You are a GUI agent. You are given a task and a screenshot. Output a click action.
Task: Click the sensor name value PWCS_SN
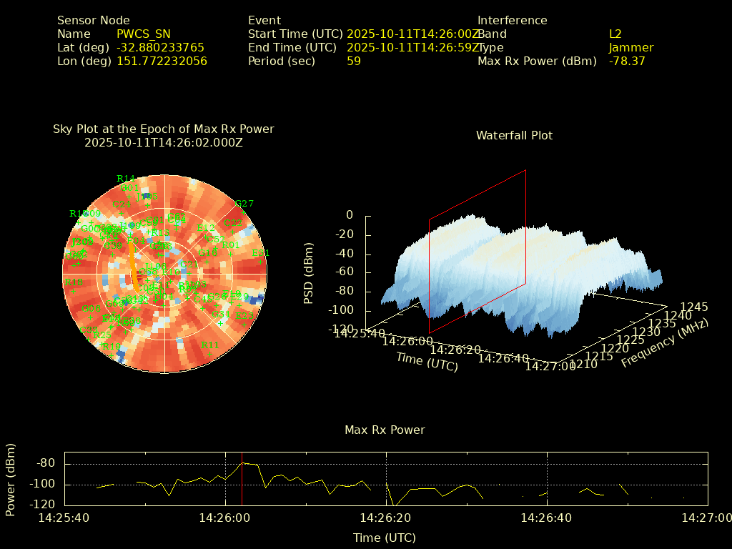[144, 34]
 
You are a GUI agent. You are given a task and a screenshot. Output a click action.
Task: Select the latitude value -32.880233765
[160, 47]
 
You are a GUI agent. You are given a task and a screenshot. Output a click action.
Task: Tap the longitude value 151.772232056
[162, 61]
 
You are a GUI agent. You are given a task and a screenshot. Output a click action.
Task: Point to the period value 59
[353, 61]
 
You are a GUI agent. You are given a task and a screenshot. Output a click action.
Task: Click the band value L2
[615, 34]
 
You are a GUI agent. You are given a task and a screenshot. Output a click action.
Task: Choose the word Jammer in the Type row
[630, 47]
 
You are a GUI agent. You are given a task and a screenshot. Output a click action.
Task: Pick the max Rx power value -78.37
[626, 61]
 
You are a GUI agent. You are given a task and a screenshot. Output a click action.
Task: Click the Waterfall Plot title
[514, 135]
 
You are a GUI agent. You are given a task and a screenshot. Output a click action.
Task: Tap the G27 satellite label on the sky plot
[244, 204]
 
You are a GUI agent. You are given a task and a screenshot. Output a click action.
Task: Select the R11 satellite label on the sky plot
[209, 345]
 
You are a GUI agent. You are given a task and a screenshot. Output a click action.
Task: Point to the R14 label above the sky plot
[126, 179]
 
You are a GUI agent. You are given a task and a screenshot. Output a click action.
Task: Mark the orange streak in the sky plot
[133, 272]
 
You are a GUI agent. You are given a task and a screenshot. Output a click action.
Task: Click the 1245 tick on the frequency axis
[693, 307]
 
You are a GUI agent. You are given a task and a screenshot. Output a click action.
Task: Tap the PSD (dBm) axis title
[309, 272]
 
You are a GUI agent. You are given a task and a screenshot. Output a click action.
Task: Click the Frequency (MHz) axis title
[664, 344]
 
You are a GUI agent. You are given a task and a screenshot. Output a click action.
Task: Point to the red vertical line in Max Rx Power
[242, 478]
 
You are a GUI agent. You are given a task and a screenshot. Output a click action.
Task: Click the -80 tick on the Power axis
[46, 463]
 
